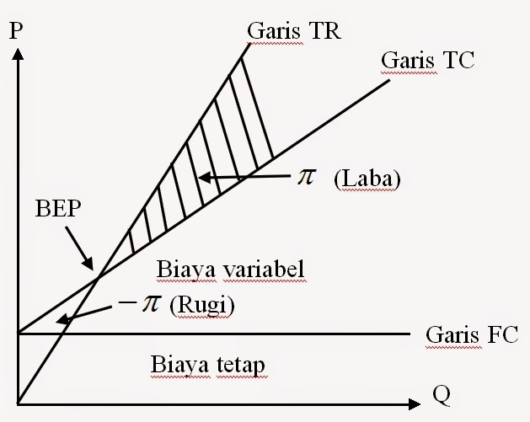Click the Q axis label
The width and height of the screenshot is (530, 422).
pos(441,394)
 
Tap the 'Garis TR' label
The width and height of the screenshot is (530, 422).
pos(294,31)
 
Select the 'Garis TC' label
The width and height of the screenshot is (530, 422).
pos(427,60)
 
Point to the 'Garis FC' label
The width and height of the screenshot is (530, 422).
pos(472,334)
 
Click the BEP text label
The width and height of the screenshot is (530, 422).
pos(58,208)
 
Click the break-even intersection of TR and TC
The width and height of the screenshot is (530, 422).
pos(99,277)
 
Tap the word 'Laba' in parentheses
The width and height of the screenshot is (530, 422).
pos(367,179)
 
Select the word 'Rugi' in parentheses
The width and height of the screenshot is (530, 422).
pos(201,306)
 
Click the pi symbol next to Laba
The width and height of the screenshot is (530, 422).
pos(307,177)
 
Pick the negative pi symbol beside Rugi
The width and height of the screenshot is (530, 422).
pos(139,303)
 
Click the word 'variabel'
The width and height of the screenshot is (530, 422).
pos(265,270)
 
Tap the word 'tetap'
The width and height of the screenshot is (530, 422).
pos(240,365)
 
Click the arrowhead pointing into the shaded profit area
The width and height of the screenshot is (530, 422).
pos(204,177)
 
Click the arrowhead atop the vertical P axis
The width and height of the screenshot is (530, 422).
pos(18,54)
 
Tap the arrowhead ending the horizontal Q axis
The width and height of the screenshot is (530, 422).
pos(415,404)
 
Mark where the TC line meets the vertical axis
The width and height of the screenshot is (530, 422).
pos(18,333)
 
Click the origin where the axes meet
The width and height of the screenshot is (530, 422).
pos(18,403)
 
